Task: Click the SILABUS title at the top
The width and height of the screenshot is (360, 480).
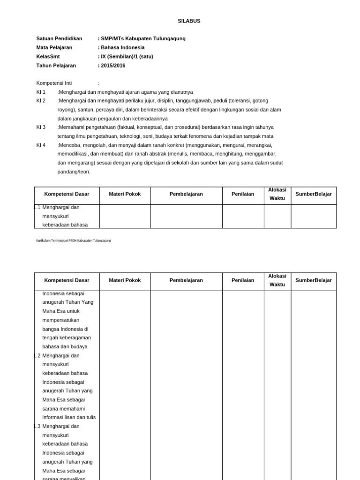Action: (189, 21)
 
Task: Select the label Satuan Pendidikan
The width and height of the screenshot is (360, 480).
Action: (59, 38)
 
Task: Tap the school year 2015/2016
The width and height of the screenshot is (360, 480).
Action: (113, 66)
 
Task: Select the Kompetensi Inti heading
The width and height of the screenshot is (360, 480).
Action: (54, 83)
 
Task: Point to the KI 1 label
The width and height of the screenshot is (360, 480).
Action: (41, 92)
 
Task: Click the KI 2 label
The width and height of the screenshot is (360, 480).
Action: (41, 101)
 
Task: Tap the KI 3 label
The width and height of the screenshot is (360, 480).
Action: (41, 127)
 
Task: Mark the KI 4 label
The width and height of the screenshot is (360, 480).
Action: (41, 145)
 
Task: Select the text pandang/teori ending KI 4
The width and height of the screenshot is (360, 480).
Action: (74, 172)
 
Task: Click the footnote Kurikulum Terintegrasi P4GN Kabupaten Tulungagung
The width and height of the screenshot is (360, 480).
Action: (74, 240)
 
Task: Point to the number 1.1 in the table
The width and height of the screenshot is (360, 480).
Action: (37, 207)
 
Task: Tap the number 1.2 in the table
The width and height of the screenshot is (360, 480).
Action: (37, 355)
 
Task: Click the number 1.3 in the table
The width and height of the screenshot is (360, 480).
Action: (37, 426)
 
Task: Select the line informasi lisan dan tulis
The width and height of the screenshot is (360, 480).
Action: (69, 417)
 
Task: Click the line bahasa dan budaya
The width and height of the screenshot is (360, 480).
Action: (65, 346)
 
